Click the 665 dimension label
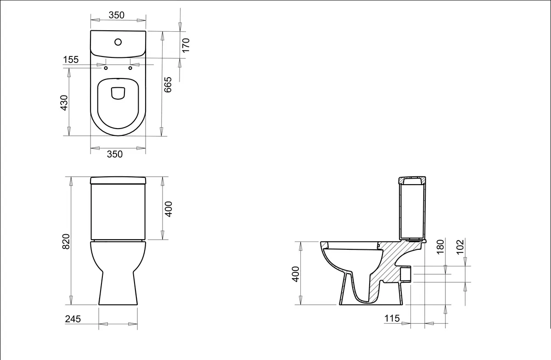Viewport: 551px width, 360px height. tap(168, 84)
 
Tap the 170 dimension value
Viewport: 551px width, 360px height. tap(186, 45)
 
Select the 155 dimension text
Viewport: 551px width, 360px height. tap(71, 60)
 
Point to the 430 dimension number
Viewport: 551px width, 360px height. tap(64, 102)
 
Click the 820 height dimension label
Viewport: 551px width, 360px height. tap(66, 242)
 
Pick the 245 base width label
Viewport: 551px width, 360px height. tap(73, 319)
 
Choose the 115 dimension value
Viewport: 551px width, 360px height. tap(392, 318)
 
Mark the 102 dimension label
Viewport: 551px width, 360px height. tap(460, 247)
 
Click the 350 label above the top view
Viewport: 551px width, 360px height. tap(117, 15)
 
